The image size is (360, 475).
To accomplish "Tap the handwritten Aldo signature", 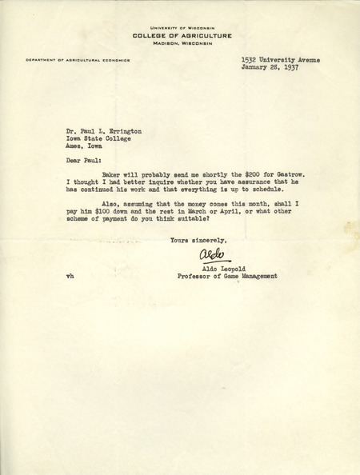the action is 206,256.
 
